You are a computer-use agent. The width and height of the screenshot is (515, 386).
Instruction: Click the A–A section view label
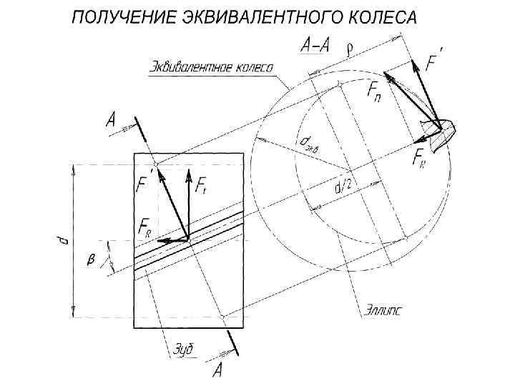tap(315, 46)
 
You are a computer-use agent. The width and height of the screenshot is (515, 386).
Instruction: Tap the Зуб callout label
tap(184, 350)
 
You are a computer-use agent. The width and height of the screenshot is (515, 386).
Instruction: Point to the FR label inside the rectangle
tap(145, 229)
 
